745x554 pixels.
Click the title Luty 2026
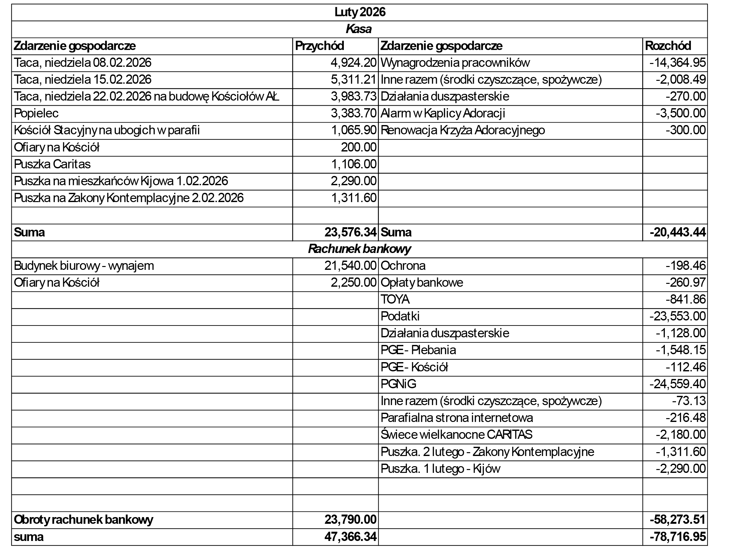[360, 12]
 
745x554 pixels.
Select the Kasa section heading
[359, 29]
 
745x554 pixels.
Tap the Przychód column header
[319, 46]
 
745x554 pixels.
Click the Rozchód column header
[668, 46]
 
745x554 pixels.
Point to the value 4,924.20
[353, 63]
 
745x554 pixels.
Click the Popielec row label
[36, 113]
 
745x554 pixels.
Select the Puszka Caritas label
[52, 164]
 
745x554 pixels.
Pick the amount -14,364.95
[677, 63]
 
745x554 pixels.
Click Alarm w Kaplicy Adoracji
[442, 113]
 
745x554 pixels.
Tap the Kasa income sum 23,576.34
[350, 232]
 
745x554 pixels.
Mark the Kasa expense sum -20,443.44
[677, 232]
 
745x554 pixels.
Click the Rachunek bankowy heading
[359, 249]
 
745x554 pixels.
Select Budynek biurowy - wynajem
[84, 266]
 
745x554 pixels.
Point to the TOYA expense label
[395, 299]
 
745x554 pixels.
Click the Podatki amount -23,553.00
[677, 316]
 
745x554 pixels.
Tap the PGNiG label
[398, 384]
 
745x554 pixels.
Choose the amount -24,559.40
[677, 384]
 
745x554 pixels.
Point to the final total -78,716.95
[677, 537]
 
